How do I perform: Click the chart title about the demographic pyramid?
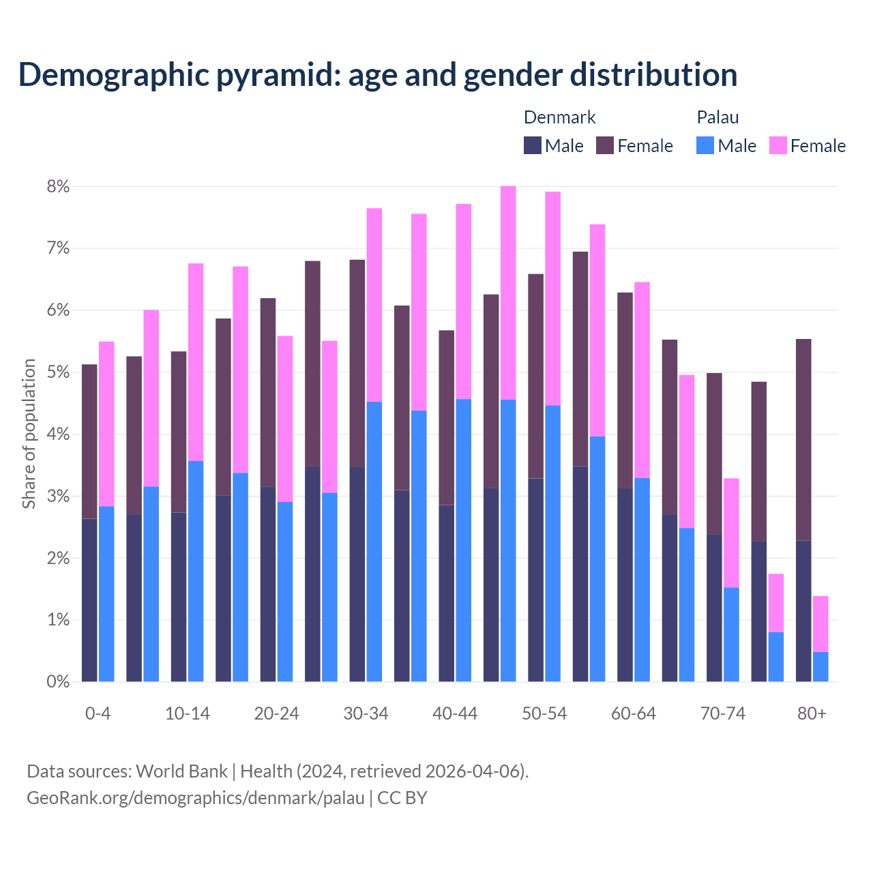pos(377,75)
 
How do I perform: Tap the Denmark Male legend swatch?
pos(533,145)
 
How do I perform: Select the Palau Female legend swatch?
pos(778,145)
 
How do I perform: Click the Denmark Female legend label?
pos(645,146)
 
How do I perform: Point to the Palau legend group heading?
pos(717,117)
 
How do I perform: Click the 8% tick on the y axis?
pos(58,187)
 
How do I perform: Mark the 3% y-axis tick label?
pos(58,497)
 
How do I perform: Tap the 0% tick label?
pos(58,682)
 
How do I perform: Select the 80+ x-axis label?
pos(812,713)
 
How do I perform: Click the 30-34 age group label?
pos(366,713)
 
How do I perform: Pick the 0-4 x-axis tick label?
pos(98,713)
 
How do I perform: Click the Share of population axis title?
pos(29,434)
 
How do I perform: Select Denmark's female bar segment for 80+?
pos(803,439)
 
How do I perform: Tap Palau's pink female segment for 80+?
pos(820,624)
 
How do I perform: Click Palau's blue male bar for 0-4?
pos(106,593)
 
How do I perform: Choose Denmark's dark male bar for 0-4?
pos(89,600)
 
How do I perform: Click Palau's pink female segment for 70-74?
pos(731,533)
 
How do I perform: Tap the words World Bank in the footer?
pos(181,771)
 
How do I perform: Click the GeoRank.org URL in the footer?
pos(195,798)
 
